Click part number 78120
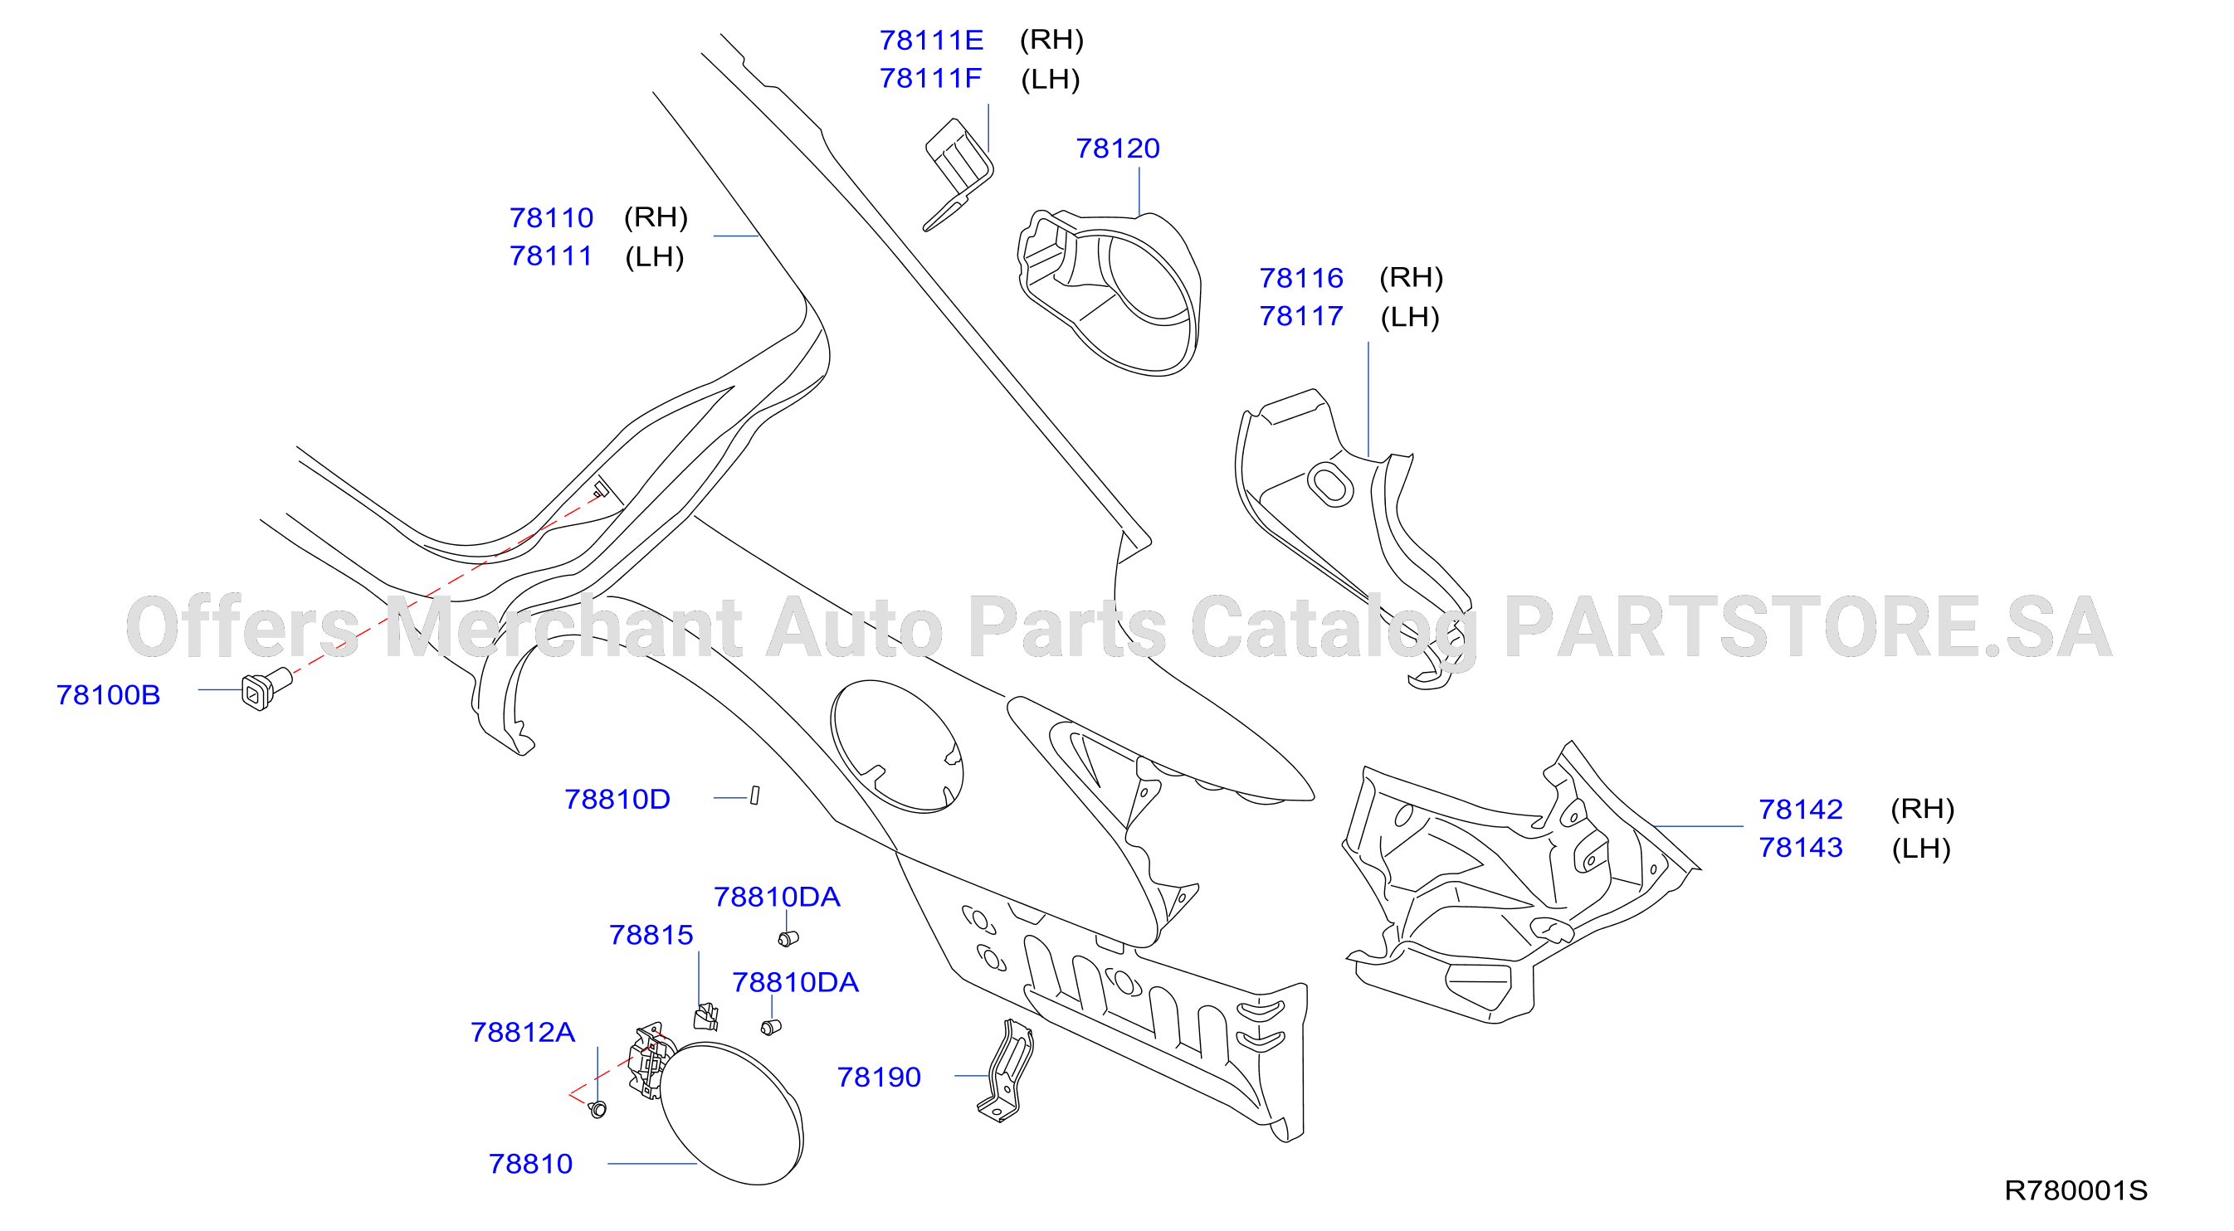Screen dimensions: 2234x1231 tap(1117, 148)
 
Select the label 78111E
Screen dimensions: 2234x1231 tap(931, 40)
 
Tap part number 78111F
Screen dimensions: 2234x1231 tap(930, 78)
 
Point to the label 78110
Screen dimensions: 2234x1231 tap(552, 217)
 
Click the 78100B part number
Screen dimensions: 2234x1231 tap(109, 694)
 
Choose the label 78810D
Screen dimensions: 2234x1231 tap(617, 799)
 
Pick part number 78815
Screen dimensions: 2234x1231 tap(651, 935)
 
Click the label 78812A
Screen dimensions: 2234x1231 tap(523, 1032)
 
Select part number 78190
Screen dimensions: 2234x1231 tap(879, 1077)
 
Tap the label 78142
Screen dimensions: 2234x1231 tap(1800, 809)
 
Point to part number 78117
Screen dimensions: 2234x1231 tap(1301, 316)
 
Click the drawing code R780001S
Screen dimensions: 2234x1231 tap(2076, 1190)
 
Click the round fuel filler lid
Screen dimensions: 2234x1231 tap(731, 1113)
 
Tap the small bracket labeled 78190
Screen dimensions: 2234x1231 tap(1006, 1072)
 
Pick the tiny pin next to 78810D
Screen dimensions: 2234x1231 tap(754, 795)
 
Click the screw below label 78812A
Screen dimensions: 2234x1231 tap(598, 1109)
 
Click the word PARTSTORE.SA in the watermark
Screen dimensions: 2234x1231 tap(1807, 627)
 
